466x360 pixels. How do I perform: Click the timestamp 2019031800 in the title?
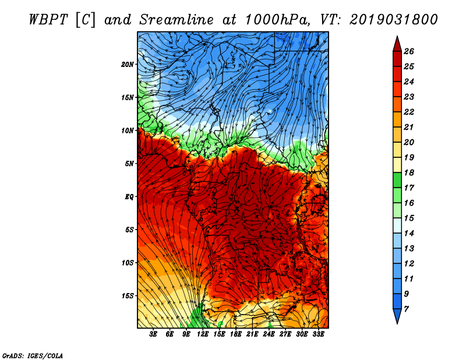tap(394, 19)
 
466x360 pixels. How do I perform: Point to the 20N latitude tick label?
tap(128, 64)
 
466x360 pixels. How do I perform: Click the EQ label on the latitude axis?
tap(129, 196)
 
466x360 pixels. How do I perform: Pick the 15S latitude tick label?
tap(128, 295)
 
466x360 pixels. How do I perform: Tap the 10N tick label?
tap(128, 130)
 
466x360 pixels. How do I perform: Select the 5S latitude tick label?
tap(129, 230)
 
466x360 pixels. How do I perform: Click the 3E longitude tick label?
tap(154, 334)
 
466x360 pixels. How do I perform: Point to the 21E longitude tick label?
tap(252, 334)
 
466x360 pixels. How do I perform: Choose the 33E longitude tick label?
tap(318, 334)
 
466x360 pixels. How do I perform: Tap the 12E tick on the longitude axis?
tap(203, 334)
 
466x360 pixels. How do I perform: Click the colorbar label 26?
tap(417, 51)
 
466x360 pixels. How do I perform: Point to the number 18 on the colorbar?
tap(417, 172)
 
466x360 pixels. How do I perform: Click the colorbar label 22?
tap(417, 112)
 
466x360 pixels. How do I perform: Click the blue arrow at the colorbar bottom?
tap(397, 316)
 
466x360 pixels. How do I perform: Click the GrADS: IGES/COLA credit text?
tap(33, 355)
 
